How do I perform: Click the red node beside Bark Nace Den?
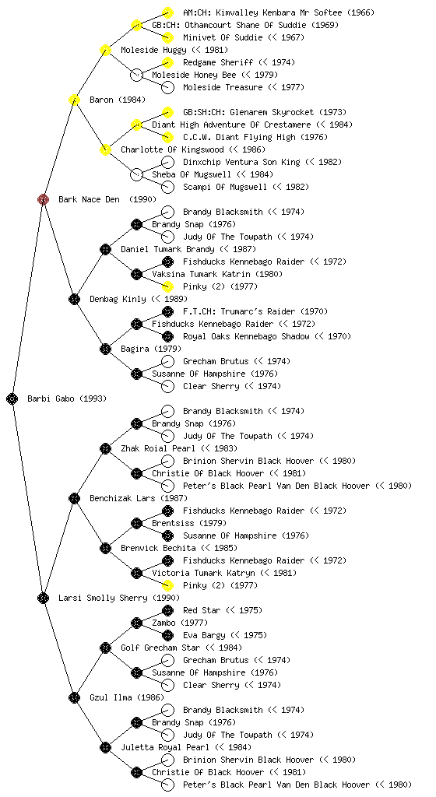(43, 199)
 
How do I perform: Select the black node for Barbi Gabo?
(12, 398)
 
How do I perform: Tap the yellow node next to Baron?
(74, 100)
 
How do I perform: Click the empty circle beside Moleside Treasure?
(167, 87)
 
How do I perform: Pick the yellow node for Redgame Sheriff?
(167, 62)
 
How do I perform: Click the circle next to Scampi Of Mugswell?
(167, 187)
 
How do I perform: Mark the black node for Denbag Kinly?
(74, 299)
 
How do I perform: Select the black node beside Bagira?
(105, 349)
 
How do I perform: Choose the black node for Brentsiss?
(136, 523)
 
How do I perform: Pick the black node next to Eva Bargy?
(167, 635)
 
